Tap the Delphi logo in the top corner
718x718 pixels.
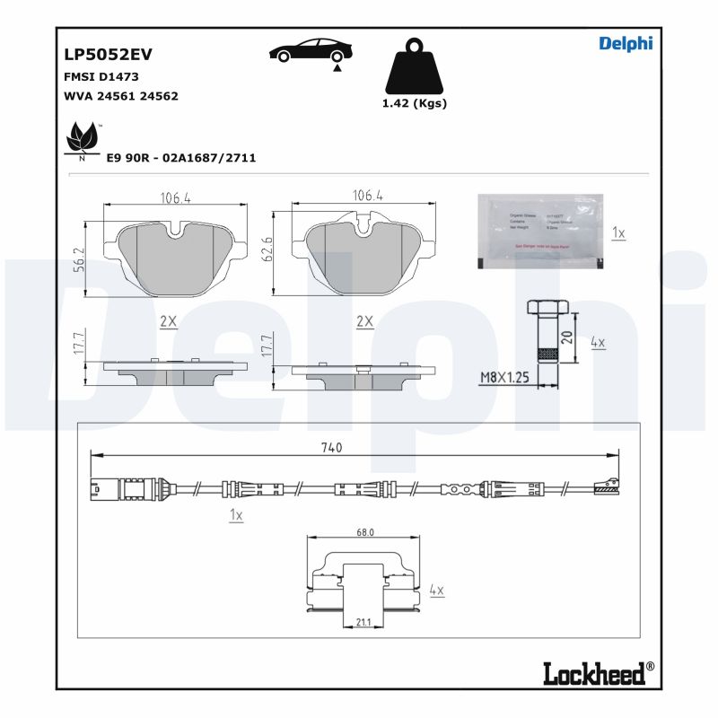click(626, 43)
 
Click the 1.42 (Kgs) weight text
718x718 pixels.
click(414, 103)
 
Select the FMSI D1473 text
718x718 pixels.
click(101, 77)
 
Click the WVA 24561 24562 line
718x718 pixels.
click(120, 95)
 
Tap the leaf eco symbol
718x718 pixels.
click(83, 139)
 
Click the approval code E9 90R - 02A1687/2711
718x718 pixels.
click(180, 158)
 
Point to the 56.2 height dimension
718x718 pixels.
click(78, 259)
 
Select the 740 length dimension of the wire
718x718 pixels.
click(331, 447)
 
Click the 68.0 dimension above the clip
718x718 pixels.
click(364, 532)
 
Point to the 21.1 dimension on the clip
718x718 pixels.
click(364, 621)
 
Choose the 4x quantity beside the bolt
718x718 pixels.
click(598, 343)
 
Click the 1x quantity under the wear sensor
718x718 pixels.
click(236, 515)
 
